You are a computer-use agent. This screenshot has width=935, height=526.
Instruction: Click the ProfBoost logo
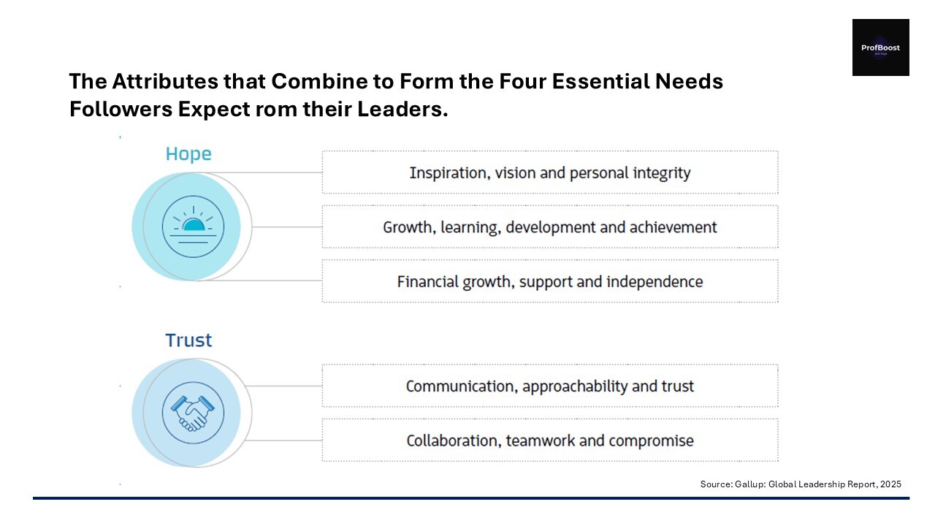click(x=881, y=47)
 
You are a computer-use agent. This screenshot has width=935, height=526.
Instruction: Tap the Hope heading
click(x=188, y=154)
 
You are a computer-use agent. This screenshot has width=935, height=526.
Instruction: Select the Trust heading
click(x=188, y=340)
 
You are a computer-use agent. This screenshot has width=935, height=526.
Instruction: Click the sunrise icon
click(x=193, y=226)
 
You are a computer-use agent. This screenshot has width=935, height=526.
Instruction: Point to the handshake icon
click(x=193, y=413)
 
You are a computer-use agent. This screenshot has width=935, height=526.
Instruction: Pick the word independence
click(x=654, y=282)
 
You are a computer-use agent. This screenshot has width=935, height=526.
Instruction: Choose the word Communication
click(x=462, y=386)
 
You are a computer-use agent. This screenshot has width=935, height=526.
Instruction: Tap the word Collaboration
click(x=454, y=441)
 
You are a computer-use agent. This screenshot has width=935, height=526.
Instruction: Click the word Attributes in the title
click(x=165, y=81)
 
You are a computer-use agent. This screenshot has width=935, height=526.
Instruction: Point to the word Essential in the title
click(x=600, y=81)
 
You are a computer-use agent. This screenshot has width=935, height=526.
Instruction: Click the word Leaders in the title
click(x=402, y=110)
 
